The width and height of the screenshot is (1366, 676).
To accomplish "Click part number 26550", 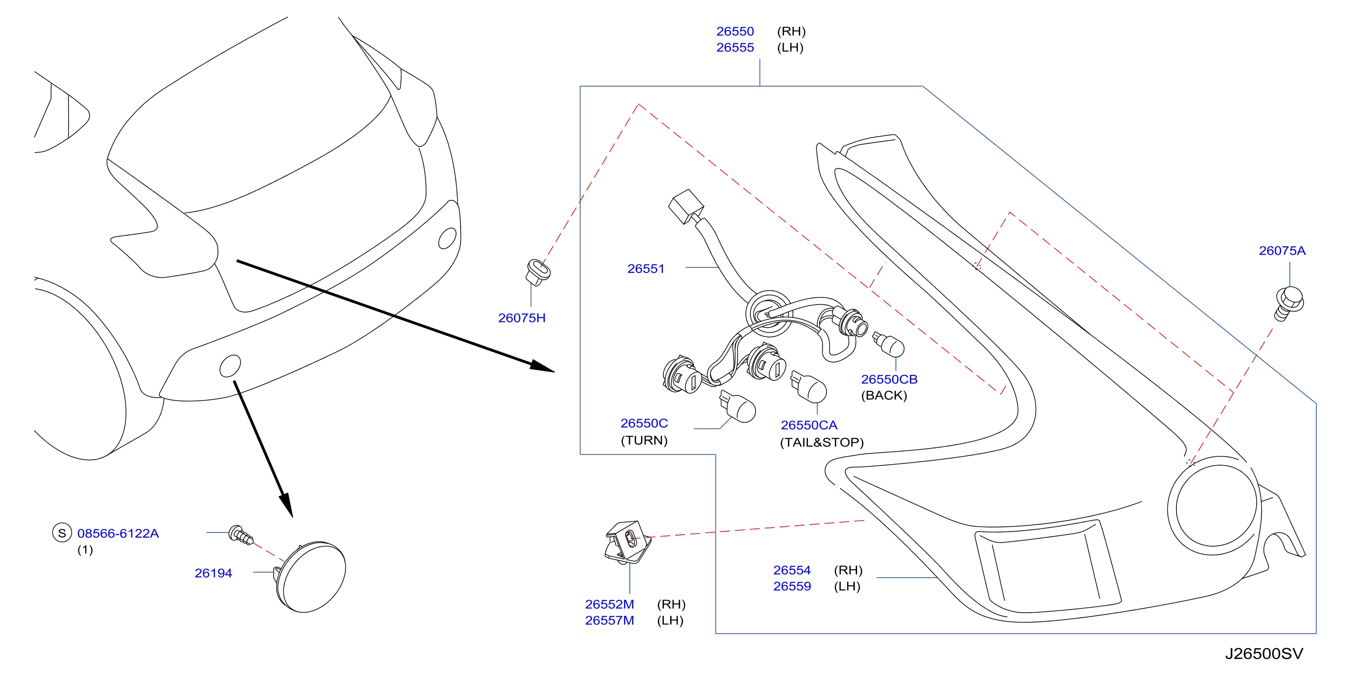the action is click(735, 31).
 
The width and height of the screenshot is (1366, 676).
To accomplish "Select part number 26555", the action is click(735, 48).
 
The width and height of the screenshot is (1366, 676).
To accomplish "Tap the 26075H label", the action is click(522, 318).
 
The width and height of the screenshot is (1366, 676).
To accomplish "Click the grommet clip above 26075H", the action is click(538, 272).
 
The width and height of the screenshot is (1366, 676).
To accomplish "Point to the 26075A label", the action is click(1282, 251).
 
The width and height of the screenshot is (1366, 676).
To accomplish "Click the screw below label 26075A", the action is click(1289, 303).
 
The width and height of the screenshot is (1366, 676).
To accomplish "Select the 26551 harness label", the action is click(646, 269).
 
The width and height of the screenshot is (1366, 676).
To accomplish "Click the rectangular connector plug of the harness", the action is click(687, 207).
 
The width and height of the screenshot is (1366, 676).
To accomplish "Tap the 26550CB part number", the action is click(889, 379).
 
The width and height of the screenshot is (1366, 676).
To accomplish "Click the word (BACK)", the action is click(884, 395).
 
